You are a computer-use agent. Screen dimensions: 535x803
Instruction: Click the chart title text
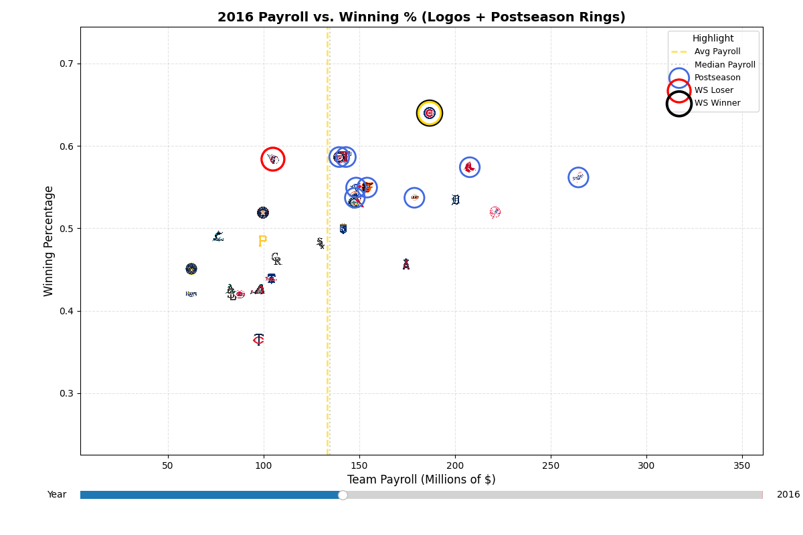pyautogui.click(x=421, y=17)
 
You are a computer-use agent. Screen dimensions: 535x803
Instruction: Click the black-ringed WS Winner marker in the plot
pyautogui.click(x=429, y=113)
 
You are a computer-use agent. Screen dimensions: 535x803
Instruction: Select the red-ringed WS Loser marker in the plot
pyautogui.click(x=272, y=159)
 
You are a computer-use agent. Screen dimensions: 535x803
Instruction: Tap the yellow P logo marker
pyautogui.click(x=262, y=241)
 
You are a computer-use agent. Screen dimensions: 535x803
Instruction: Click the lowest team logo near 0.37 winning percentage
pyautogui.click(x=259, y=340)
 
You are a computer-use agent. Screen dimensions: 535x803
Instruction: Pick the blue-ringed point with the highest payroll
pyautogui.click(x=578, y=177)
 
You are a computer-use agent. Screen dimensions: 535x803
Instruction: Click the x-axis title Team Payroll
pyautogui.click(x=421, y=479)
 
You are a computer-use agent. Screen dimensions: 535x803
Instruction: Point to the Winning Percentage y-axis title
pyautogui.click(x=49, y=241)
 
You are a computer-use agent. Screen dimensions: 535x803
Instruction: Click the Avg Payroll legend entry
pyautogui.click(x=717, y=52)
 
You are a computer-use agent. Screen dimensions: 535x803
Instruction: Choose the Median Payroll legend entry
pyautogui.click(x=724, y=65)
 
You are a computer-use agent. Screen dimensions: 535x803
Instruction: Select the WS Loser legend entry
pyautogui.click(x=713, y=90)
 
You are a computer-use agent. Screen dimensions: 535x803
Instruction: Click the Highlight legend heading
pyautogui.click(x=713, y=39)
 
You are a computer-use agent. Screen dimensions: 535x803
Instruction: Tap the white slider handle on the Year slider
pyautogui.click(x=343, y=495)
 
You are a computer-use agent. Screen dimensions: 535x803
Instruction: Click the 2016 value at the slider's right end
pyautogui.click(x=788, y=495)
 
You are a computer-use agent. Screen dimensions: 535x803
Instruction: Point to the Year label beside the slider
pyautogui.click(x=57, y=495)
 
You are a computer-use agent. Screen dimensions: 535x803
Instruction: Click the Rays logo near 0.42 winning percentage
pyautogui.click(x=191, y=294)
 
